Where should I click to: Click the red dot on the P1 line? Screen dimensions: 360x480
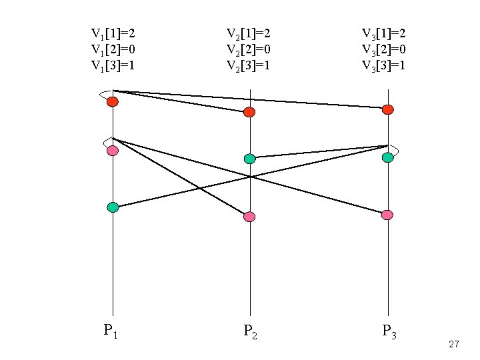113,101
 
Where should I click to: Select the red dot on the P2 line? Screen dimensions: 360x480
249,112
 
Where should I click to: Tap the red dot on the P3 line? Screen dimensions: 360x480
387,109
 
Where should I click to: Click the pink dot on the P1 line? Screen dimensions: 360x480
113,151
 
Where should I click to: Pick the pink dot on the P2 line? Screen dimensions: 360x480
249,217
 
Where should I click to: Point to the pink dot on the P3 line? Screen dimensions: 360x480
387,215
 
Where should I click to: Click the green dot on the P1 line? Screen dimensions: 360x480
113,207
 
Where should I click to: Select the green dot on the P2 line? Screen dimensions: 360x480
249,159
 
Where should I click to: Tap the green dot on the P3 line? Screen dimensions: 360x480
387,157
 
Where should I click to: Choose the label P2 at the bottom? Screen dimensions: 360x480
251,331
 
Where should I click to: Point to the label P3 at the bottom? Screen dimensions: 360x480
389,331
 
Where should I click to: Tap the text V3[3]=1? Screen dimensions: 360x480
384,65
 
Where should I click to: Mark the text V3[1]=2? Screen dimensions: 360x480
384,33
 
